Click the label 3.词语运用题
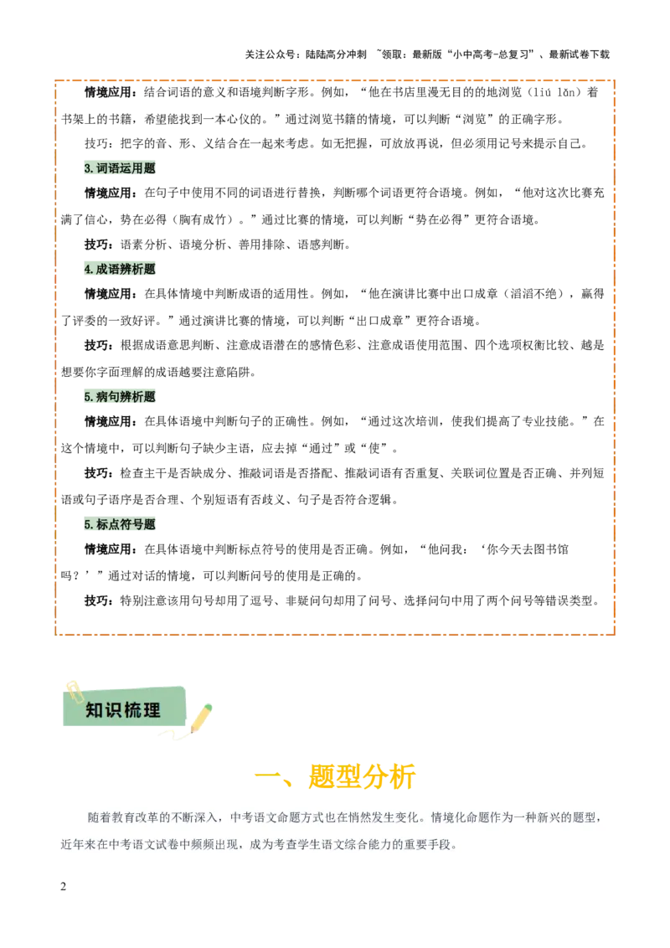coord(120,168)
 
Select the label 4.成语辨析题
coord(120,270)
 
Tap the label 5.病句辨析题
coord(120,397)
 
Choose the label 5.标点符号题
coord(120,525)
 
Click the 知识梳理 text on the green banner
coord(122,711)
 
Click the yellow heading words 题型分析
coord(363,777)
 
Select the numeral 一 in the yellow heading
coord(266,777)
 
